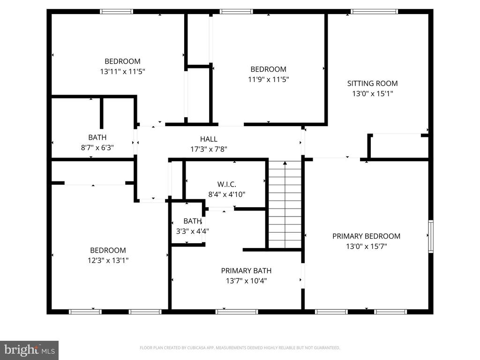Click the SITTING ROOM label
click(372, 83)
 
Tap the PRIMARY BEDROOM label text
click(366, 236)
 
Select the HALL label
click(209, 139)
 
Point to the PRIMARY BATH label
click(246, 270)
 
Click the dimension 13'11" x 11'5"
click(122, 72)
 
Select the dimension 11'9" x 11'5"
click(268, 79)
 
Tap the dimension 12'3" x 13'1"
click(108, 260)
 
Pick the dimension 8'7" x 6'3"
click(97, 147)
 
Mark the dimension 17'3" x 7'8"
click(209, 149)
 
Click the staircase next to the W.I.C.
click(285, 204)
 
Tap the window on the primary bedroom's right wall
click(430, 237)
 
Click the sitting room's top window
click(374, 12)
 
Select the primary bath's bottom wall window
click(237, 311)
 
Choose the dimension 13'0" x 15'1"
click(372, 93)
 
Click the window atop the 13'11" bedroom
click(117, 12)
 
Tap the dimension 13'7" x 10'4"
click(246, 281)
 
